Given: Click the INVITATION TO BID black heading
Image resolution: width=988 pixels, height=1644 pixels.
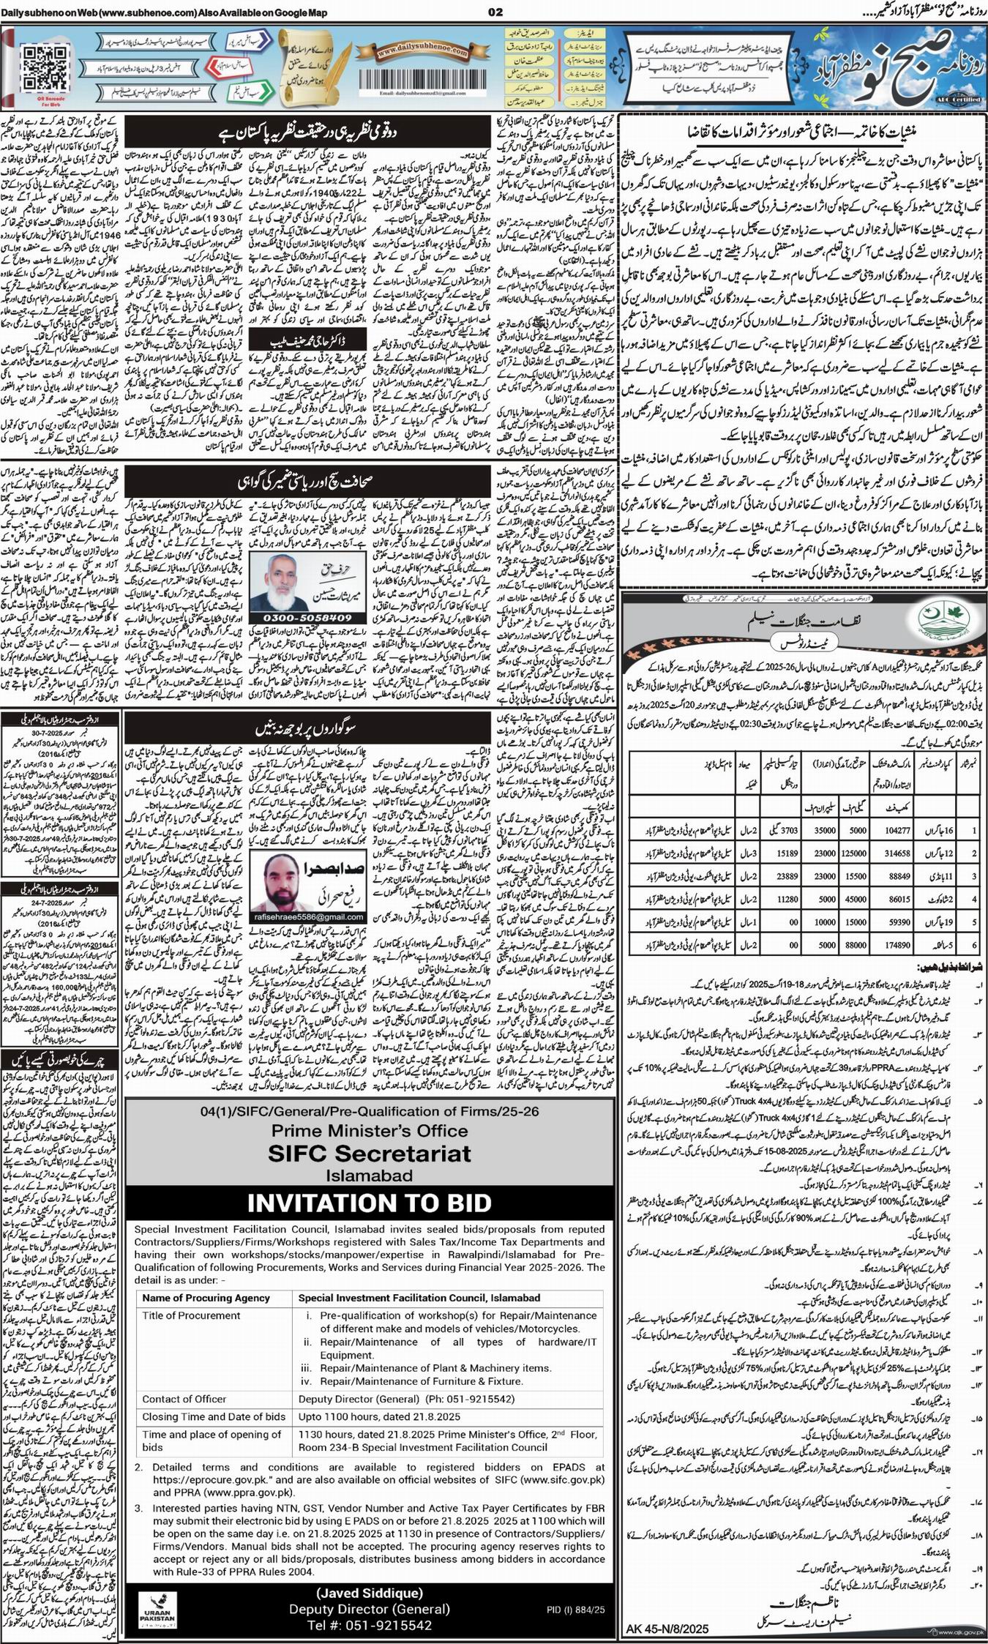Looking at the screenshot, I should pyautogui.click(x=369, y=1203).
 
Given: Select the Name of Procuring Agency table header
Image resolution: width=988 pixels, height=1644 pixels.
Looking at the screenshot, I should pyautogui.click(x=206, y=1298).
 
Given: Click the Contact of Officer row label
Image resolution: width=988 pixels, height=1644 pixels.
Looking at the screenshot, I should pyautogui.click(x=184, y=1399).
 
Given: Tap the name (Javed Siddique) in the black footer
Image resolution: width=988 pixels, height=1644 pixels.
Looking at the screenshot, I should pyautogui.click(x=369, y=1593).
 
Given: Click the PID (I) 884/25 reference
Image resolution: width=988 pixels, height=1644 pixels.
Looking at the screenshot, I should pyautogui.click(x=575, y=1610).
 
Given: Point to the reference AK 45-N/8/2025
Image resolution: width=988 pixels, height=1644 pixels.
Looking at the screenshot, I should pyautogui.click(x=668, y=1629).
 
